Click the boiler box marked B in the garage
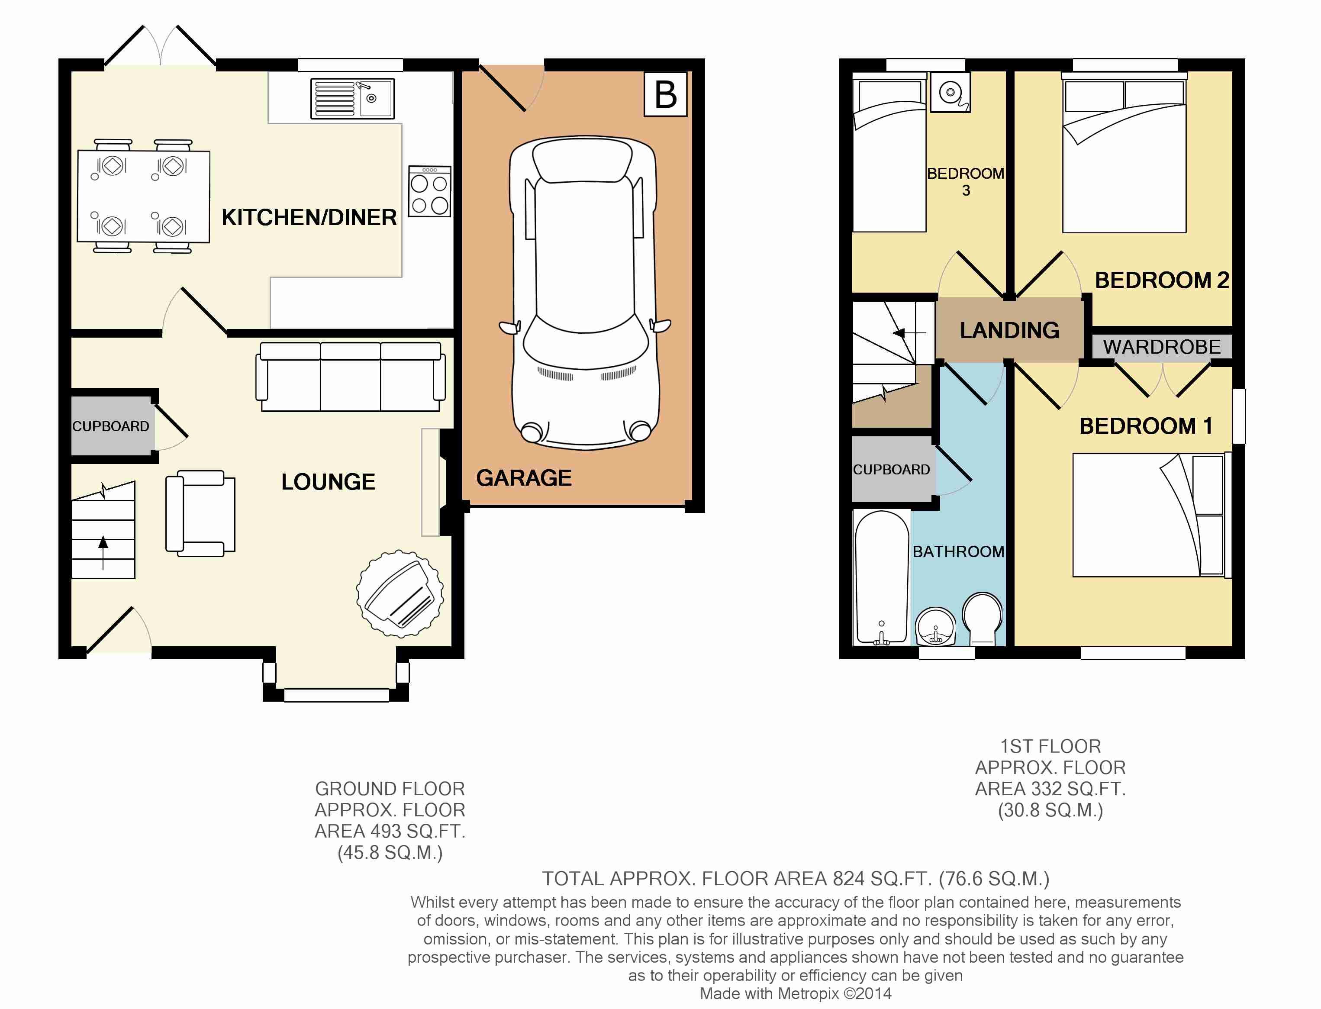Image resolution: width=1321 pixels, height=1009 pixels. tap(665, 94)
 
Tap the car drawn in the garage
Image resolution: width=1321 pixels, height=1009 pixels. tap(585, 293)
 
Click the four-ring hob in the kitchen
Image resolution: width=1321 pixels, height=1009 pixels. tap(429, 191)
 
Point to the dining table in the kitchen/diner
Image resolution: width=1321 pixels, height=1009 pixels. tap(144, 197)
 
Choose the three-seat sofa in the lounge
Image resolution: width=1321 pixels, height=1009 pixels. tap(351, 377)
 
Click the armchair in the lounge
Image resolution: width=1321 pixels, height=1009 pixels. tap(200, 513)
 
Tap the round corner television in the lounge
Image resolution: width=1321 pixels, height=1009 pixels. tap(400, 593)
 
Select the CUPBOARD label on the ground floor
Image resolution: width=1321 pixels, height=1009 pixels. tap(110, 426)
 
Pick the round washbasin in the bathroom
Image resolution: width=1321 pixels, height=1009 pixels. tap(935, 626)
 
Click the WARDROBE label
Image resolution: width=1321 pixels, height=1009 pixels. tap(1162, 347)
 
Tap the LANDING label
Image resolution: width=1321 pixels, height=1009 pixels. tap(1009, 330)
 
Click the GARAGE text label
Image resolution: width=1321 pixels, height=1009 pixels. tap(524, 478)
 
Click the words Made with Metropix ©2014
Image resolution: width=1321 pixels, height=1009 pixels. tap(796, 993)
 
